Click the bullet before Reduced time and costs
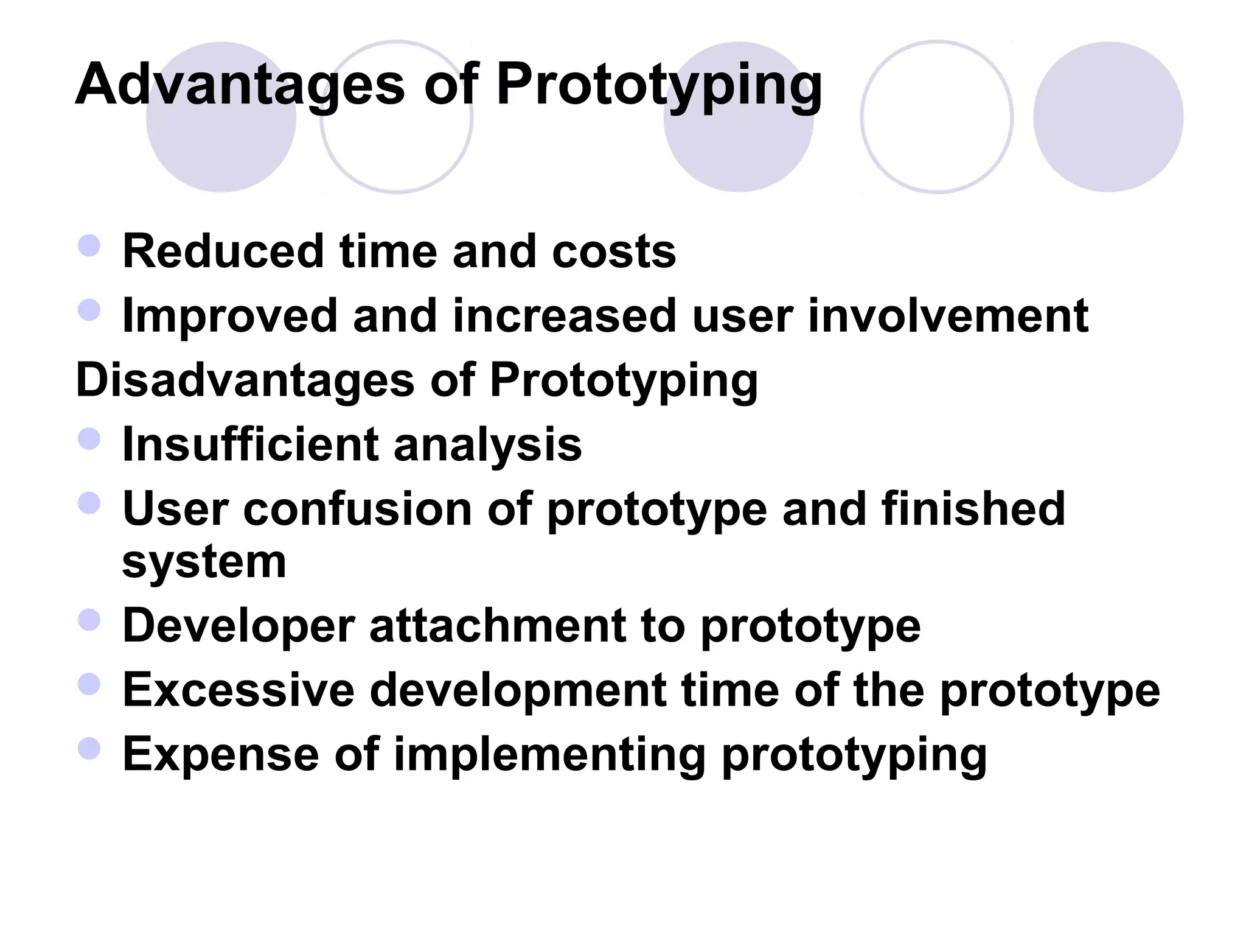(x=89, y=246)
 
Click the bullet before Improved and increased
(x=89, y=310)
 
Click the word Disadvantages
(x=245, y=380)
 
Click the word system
(x=204, y=562)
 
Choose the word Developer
(x=238, y=626)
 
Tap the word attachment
(x=498, y=626)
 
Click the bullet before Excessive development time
(x=89, y=684)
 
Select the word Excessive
(x=238, y=690)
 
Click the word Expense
(x=221, y=755)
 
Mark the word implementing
(x=550, y=755)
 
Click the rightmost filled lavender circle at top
(x=1108, y=117)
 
